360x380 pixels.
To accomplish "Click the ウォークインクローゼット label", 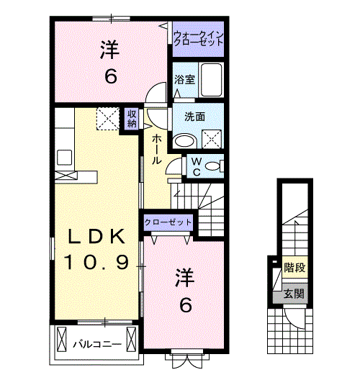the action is [198, 39].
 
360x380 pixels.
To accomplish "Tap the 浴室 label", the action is [185, 79].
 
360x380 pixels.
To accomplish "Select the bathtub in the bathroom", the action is [212, 80].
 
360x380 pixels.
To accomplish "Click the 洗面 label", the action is [194, 117].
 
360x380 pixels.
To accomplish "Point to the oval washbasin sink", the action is [186, 141].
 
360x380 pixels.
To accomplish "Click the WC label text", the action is [197, 167].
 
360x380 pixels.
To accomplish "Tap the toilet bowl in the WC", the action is [212, 166].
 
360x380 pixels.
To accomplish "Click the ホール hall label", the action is [156, 150].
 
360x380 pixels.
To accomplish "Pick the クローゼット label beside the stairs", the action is [168, 222].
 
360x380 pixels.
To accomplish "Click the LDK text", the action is [96, 237].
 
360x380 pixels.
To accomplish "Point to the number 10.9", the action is [96, 262].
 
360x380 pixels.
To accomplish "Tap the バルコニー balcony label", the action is [97, 344].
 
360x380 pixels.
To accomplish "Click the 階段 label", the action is [294, 268].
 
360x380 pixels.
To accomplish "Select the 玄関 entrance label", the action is [294, 294].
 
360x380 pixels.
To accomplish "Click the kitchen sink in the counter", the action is [65, 158].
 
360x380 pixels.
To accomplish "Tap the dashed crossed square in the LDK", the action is [108, 119].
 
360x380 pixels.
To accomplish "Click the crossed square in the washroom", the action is [212, 139].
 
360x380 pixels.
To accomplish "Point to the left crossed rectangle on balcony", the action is [61, 339].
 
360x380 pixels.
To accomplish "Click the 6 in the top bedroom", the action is [111, 76].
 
